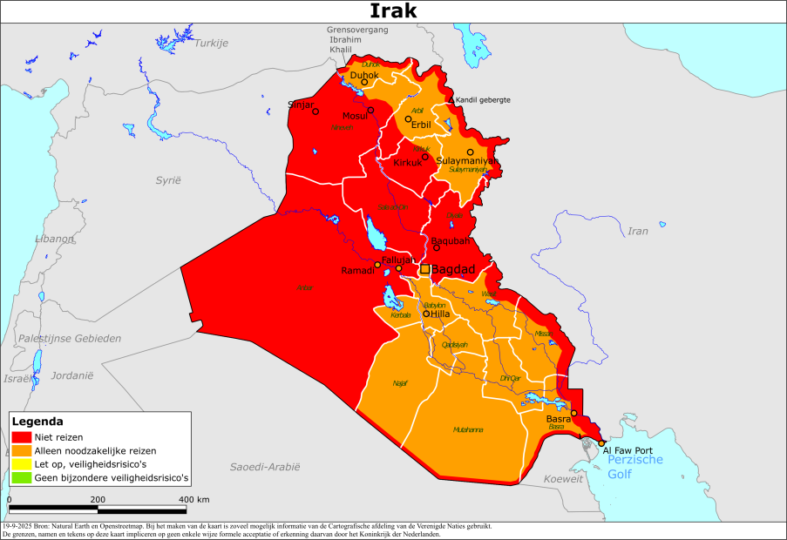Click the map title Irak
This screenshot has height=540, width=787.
tap(393, 10)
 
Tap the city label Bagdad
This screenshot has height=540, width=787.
tap(453, 270)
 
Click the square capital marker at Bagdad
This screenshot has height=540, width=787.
tap(424, 269)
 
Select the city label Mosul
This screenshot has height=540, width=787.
tap(355, 117)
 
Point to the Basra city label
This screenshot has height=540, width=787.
tap(558, 419)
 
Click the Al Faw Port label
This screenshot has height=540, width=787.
tap(628, 449)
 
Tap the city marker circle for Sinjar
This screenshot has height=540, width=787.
tap(315, 111)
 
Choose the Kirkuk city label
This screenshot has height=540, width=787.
tap(408, 163)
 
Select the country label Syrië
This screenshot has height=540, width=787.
tap(167, 179)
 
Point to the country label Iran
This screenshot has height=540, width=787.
tap(639, 231)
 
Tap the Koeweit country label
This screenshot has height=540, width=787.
tap(562, 480)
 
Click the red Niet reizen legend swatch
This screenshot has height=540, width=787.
tap(22, 436)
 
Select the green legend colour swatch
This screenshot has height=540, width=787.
tap(22, 477)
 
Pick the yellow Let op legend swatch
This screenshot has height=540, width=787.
tap(22, 464)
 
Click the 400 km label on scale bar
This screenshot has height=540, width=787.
tap(195, 499)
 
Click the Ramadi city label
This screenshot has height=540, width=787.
tap(358, 271)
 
